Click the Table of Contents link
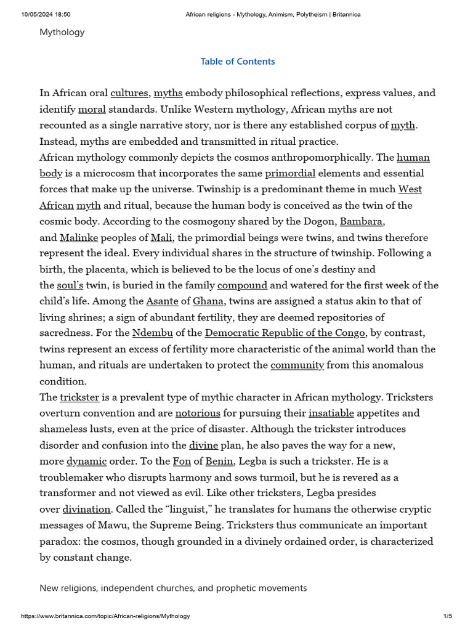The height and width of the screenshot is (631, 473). tap(238, 62)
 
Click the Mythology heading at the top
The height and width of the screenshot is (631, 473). tap(62, 32)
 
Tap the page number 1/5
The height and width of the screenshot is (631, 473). tap(448, 616)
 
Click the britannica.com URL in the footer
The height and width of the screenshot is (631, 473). tap(105, 616)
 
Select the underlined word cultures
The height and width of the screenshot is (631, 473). tap(129, 93)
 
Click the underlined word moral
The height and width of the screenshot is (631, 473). tap(92, 109)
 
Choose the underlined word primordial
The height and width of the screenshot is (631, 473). tap(290, 173)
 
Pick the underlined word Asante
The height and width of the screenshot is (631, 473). tap(162, 301)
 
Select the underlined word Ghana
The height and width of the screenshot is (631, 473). tap(208, 301)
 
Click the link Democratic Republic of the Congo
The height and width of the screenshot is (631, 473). tap(285, 333)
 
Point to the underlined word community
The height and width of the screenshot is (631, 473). tap(297, 365)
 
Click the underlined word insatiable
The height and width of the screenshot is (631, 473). tap(331, 413)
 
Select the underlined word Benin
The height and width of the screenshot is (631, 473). tap(219, 461)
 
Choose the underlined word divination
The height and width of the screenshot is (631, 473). tap(86, 509)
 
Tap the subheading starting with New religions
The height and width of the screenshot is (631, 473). tap(173, 588)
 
